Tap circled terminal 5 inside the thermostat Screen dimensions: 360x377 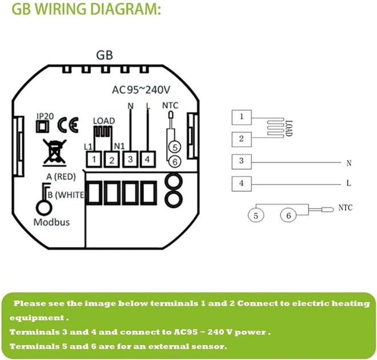pos(175,147)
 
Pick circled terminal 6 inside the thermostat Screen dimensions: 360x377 pos(175,162)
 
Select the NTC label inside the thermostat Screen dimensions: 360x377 pos(171,105)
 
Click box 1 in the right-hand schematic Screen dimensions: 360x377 pos(242,118)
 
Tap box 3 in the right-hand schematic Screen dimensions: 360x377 pos(242,162)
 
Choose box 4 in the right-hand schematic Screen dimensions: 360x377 pos(242,183)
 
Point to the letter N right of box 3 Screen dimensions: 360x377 pos(348,163)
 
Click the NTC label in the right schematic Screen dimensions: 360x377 pos(346,206)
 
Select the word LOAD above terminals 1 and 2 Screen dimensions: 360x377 pos(103,121)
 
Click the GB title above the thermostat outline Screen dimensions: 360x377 pos(103,55)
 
